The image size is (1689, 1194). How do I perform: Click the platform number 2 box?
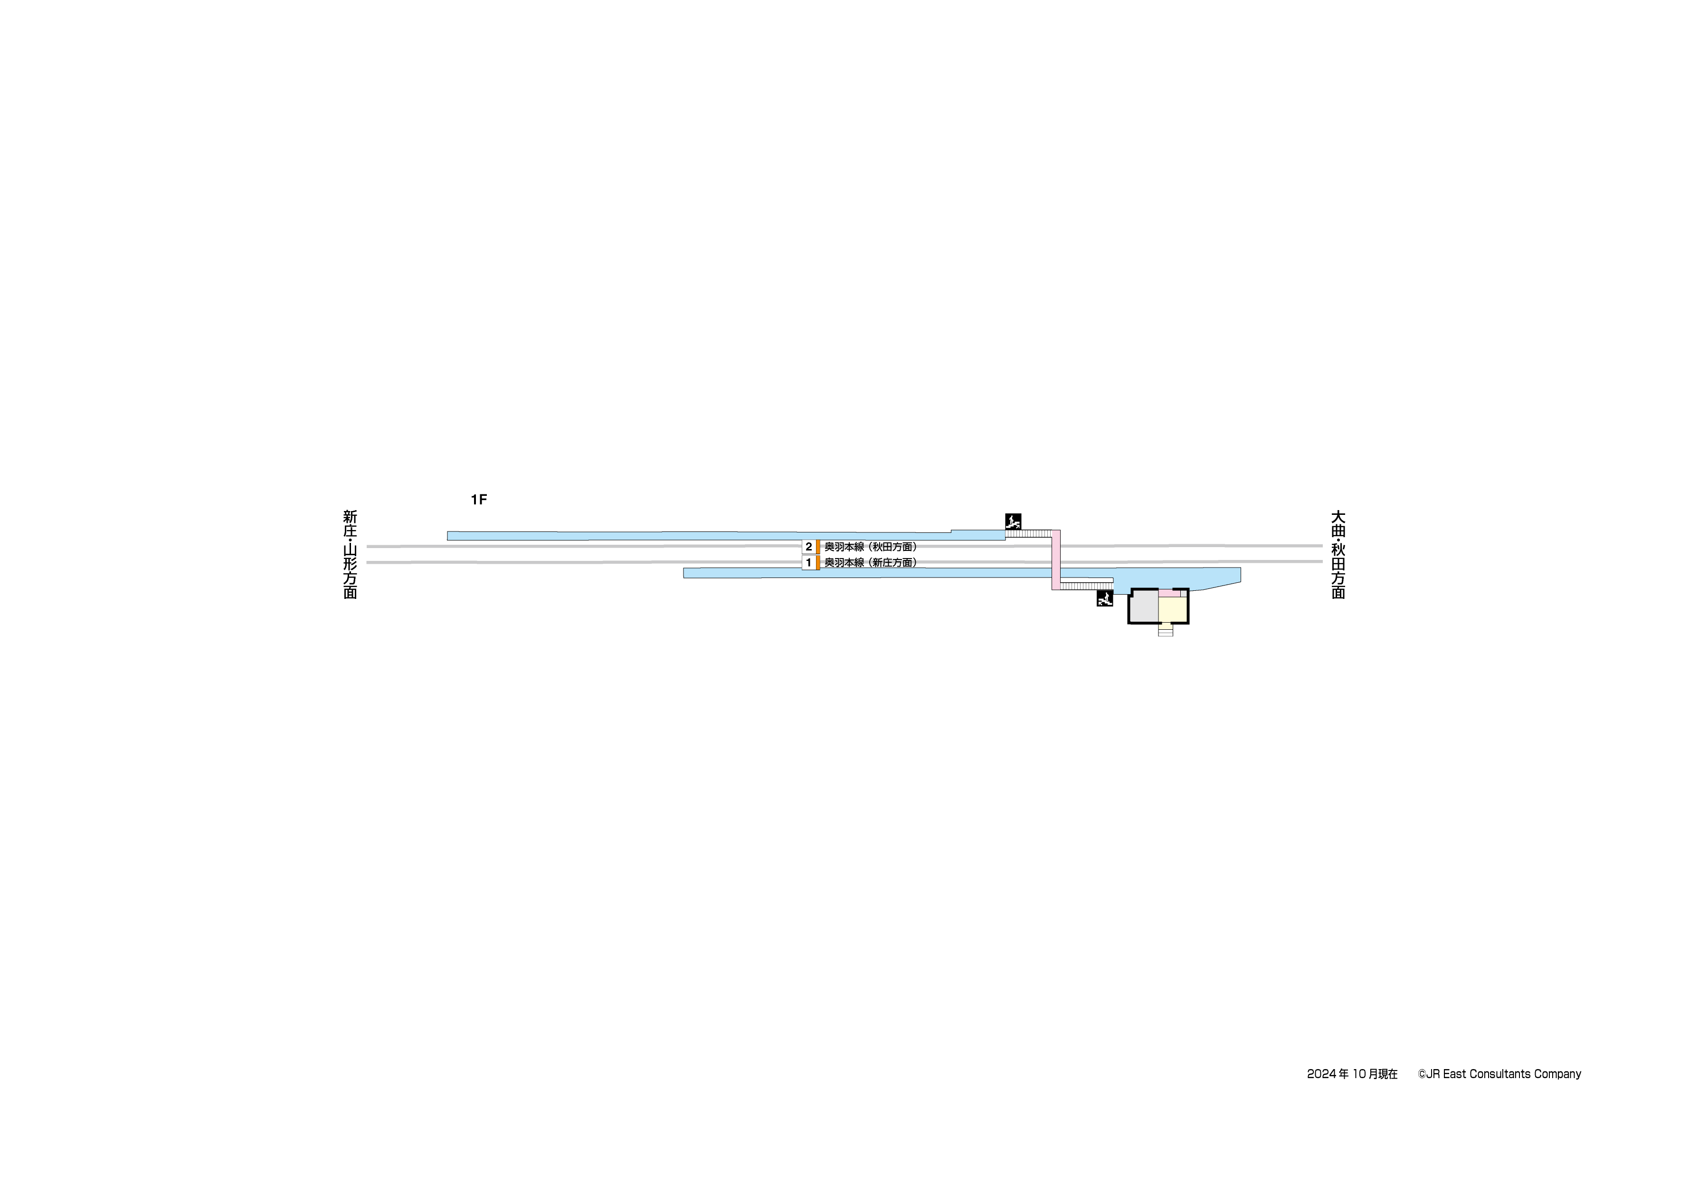[808, 547]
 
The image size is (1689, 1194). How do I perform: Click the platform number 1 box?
[808, 563]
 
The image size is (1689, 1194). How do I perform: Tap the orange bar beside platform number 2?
[818, 547]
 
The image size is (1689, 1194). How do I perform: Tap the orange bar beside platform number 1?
[818, 563]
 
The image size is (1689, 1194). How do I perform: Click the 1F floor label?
[479, 500]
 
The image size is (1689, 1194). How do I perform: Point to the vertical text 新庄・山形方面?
[350, 555]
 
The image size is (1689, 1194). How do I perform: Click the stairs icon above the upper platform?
[1013, 521]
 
